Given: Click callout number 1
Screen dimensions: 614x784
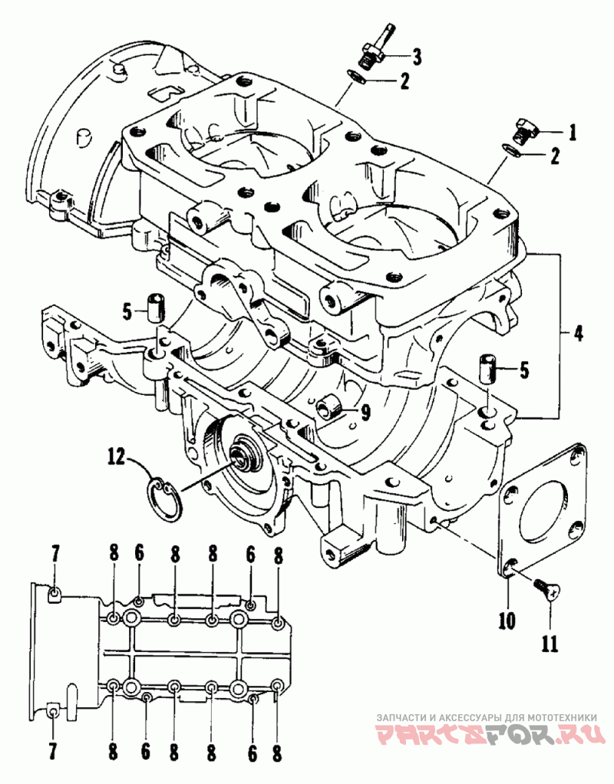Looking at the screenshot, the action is point(573,133).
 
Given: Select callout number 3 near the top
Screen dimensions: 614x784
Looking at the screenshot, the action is point(416,57).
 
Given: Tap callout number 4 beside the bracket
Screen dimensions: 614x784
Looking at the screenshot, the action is point(579,333).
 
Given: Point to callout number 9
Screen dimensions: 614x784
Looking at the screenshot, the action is point(366,412).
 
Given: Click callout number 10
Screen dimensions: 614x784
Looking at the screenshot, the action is point(507,621).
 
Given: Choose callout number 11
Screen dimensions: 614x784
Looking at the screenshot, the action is point(550,644).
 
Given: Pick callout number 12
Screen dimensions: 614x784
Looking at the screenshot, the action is point(116,457).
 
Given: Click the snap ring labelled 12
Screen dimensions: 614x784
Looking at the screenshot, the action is point(166,499).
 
